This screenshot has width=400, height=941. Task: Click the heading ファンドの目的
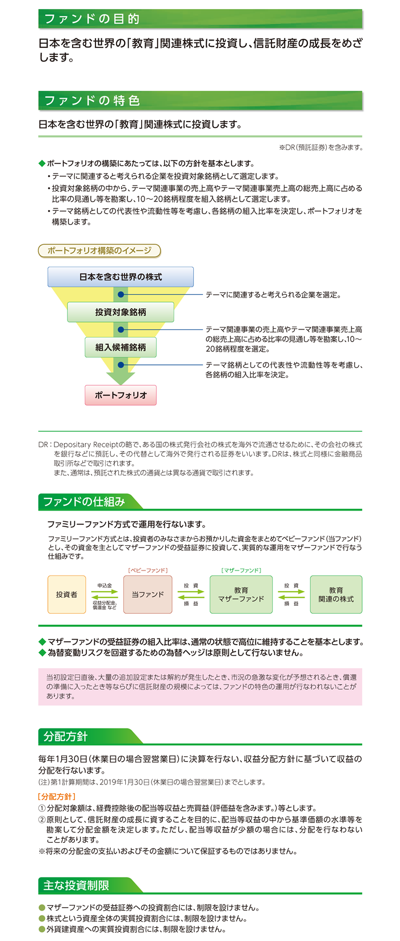[x=91, y=19]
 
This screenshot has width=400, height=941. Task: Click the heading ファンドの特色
[x=91, y=100]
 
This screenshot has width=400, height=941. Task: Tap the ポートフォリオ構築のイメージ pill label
[x=99, y=251]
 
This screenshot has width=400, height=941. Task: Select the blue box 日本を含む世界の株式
[x=121, y=277]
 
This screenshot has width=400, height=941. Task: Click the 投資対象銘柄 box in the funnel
[x=121, y=312]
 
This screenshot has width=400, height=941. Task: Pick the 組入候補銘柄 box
[x=121, y=347]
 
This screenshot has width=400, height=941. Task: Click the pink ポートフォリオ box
[x=121, y=395]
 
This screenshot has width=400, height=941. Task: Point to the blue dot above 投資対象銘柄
[x=121, y=295]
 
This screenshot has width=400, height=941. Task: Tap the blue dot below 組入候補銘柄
[x=121, y=365]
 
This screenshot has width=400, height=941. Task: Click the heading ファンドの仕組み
[x=84, y=501]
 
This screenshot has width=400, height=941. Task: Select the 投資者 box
[x=66, y=594]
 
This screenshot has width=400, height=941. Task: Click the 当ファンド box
[x=147, y=594]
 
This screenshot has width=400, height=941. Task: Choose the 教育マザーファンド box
[x=241, y=594]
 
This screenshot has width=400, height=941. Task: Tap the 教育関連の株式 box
[x=336, y=594]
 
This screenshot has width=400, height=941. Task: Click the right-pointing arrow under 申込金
[x=105, y=592]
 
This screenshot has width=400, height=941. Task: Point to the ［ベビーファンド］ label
[x=147, y=570]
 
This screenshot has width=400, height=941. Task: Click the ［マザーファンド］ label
[x=241, y=570]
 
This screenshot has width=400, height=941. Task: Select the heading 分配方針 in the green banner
[x=65, y=737]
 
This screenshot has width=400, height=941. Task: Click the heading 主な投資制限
[x=76, y=886]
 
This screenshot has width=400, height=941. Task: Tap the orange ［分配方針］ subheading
[x=57, y=797]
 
